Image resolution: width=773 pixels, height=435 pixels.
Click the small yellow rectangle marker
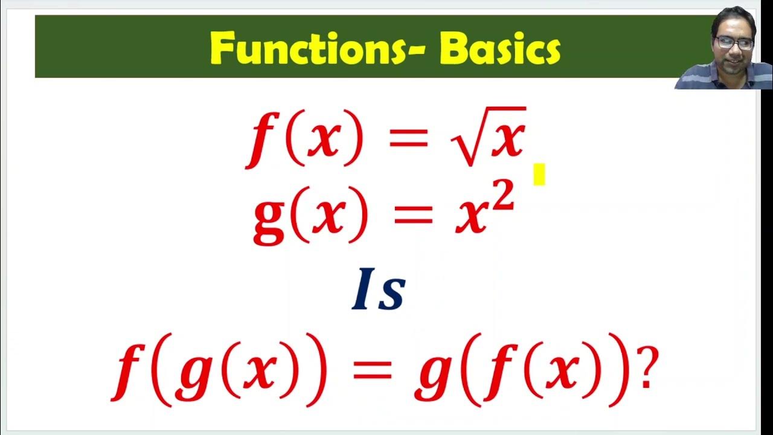pos(539,174)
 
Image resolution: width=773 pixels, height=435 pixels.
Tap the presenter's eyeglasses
pos(734,43)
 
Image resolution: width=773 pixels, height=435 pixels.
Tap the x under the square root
pos(505,140)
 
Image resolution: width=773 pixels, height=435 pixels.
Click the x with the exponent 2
pos(474,216)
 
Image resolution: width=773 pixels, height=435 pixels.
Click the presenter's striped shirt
pos(725,77)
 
